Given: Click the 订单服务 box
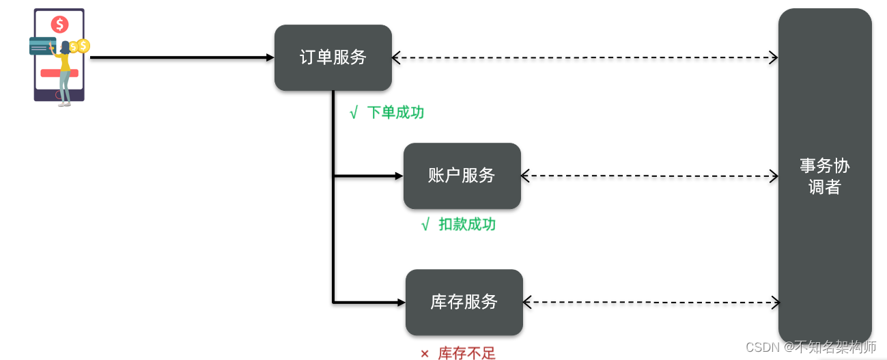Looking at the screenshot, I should (x=333, y=58).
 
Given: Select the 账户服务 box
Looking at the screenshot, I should (x=462, y=176).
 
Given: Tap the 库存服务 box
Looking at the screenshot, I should (x=464, y=302).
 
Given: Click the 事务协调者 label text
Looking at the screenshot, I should (x=824, y=176).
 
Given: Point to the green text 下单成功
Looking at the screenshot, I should (x=395, y=113).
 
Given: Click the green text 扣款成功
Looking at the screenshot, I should (x=467, y=224).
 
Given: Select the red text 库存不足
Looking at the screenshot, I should (x=466, y=353).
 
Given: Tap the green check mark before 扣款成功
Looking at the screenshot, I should (x=425, y=225).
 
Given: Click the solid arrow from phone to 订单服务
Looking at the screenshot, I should (x=181, y=58).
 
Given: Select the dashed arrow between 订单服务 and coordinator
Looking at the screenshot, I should (x=585, y=58).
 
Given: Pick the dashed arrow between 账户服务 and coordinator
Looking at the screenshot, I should (x=649, y=176).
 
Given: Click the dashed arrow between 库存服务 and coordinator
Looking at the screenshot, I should (x=651, y=302).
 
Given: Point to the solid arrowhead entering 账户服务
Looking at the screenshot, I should (x=399, y=176).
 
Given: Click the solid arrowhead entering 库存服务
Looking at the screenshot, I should (x=401, y=302).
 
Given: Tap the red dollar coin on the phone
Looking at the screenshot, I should (x=59, y=25).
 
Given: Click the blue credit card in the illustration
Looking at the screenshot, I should (x=42, y=46).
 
